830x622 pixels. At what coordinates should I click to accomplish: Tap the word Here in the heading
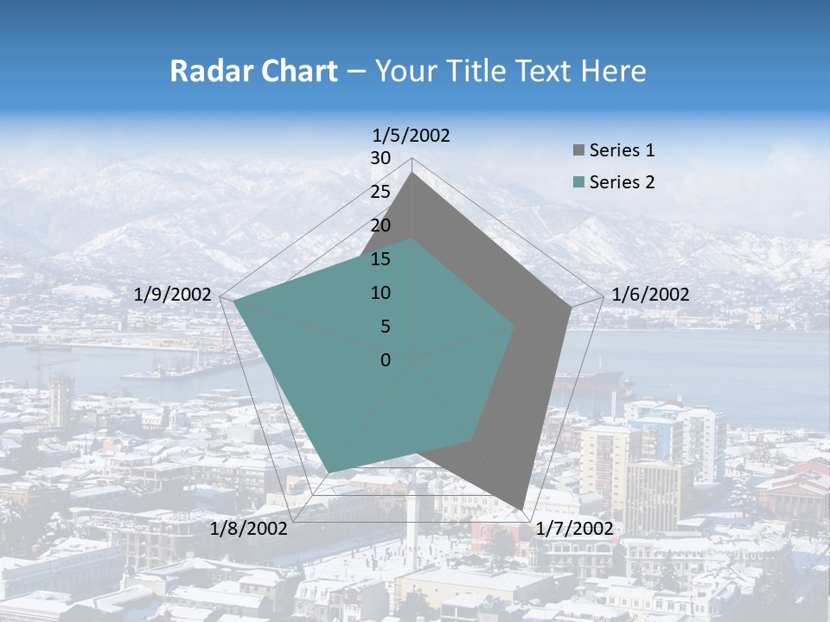coord(614,71)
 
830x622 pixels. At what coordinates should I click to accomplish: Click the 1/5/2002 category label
coord(412,135)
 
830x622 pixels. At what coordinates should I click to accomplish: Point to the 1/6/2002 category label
coord(650,295)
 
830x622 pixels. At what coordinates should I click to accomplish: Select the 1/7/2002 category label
coord(574,529)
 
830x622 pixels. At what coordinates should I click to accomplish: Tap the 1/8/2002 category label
coord(249,529)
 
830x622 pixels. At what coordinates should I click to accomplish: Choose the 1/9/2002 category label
coord(173,295)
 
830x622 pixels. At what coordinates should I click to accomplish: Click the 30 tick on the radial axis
coord(380,158)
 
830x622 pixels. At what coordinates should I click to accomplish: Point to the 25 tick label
coord(380,192)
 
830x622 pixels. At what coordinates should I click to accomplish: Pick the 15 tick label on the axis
coord(380,259)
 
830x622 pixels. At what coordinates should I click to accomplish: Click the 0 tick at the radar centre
coord(386,360)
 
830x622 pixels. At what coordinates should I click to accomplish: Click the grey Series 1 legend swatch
coord(578,151)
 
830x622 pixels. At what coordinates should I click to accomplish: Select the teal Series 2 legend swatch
coord(578,182)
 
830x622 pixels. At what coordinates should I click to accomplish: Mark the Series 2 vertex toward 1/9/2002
coord(233,301)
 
